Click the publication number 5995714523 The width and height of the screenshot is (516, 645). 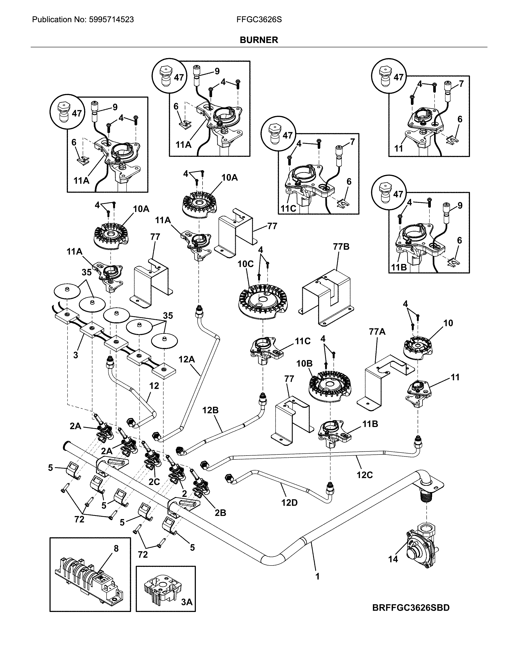coord(111,20)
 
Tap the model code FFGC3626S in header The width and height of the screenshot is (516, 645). coord(259,20)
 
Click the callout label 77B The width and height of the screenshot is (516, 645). coord(341,247)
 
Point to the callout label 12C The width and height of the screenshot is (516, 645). coord(364,475)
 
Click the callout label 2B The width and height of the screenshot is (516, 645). coord(220,513)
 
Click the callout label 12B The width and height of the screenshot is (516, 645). coord(210,410)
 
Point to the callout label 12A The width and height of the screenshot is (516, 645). coord(187,359)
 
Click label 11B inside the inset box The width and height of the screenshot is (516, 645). coord(399,267)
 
